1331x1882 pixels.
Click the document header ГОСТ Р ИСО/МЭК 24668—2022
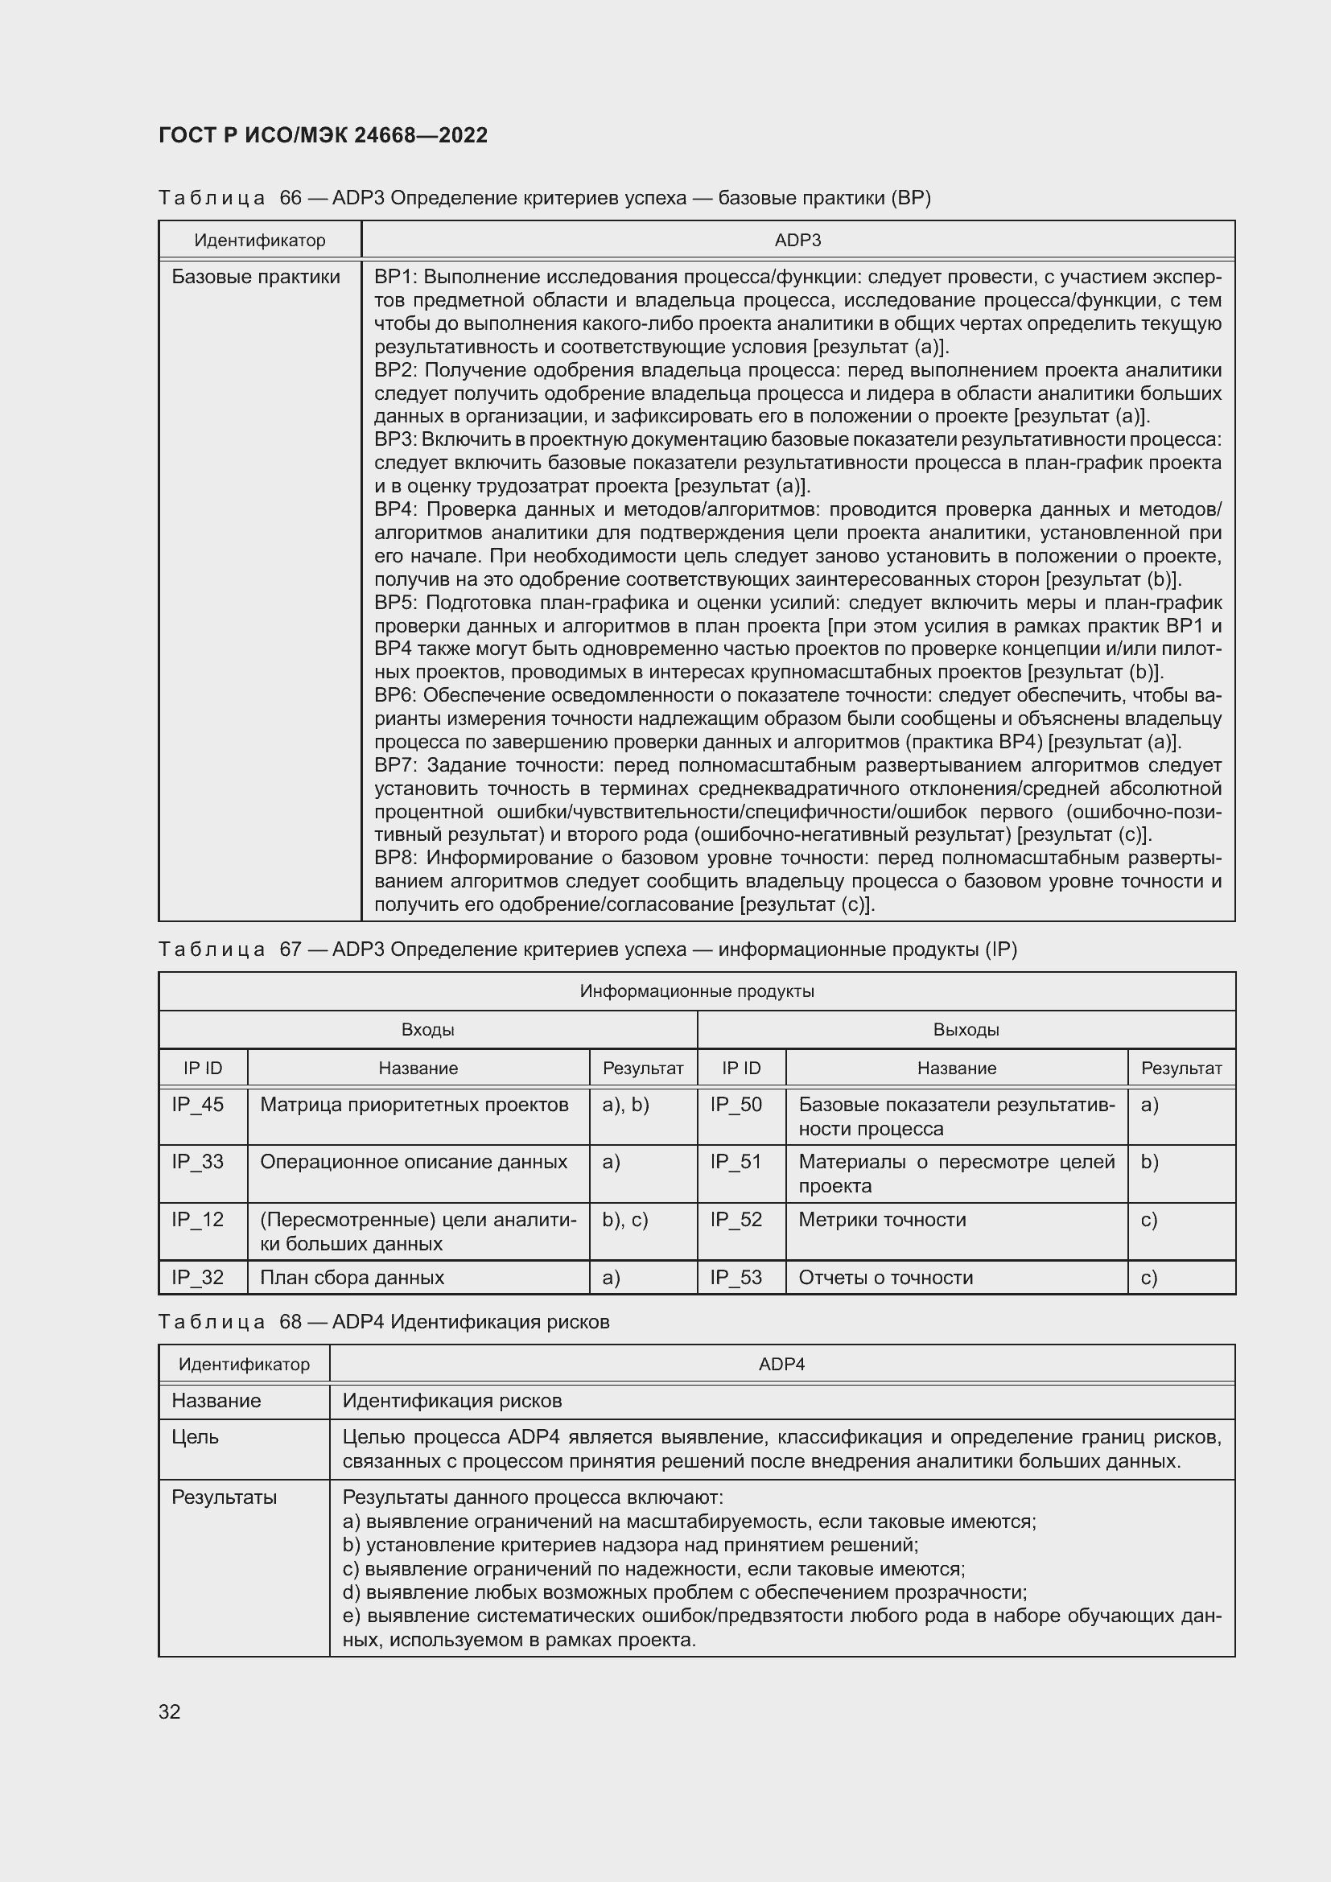323,135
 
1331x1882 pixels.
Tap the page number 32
170,1711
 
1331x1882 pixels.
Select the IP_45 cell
197,1105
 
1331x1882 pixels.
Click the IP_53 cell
736,1277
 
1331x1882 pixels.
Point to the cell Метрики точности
882,1220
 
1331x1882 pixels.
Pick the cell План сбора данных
352,1277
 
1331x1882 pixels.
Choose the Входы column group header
428,1030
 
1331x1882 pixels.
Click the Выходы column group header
966,1030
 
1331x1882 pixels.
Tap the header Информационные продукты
697,991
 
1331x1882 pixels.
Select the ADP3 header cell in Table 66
797,240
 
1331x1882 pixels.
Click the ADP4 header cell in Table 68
781,1364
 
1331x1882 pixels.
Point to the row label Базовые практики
256,277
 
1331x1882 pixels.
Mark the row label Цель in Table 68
195,1437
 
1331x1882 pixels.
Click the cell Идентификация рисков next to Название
451,1401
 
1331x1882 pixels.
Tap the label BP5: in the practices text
396,603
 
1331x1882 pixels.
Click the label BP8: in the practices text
396,859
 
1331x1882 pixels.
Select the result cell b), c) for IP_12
625,1220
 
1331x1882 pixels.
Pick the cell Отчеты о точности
886,1277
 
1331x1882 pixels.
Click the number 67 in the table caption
291,949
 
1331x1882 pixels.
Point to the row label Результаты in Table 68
224,1497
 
